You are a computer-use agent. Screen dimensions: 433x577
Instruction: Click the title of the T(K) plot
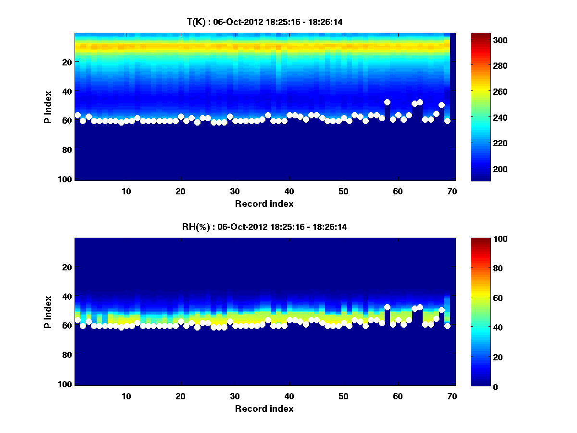pos(264,22)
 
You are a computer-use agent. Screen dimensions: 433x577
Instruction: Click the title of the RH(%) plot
pos(264,227)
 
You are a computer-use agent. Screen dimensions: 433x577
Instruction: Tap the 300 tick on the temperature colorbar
pos(483,40)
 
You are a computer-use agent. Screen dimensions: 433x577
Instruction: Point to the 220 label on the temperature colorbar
pos(483,143)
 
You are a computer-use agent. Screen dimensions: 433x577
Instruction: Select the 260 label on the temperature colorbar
pos(483,91)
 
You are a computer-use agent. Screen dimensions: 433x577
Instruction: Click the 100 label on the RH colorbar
pos(483,239)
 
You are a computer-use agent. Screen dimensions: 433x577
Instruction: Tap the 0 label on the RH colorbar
pos(479,386)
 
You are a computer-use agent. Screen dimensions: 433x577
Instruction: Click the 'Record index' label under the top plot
pos(264,204)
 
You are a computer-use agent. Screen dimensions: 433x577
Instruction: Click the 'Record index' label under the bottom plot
pos(264,409)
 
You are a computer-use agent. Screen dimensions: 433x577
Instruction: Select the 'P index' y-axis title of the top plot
pos(48,107)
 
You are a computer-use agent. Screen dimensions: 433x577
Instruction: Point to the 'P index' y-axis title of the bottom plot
pos(48,312)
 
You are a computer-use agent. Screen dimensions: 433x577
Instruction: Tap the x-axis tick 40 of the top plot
pos(289,191)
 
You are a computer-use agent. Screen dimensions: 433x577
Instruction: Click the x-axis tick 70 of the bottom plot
pos(452,396)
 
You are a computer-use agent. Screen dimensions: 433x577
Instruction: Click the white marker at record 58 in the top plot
pos(387,102)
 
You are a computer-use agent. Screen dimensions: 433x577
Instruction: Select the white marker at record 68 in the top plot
pos(441,105)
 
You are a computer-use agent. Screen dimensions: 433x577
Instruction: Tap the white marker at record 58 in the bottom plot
pos(387,307)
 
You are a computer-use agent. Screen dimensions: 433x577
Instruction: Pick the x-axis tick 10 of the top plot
pos(126,191)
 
